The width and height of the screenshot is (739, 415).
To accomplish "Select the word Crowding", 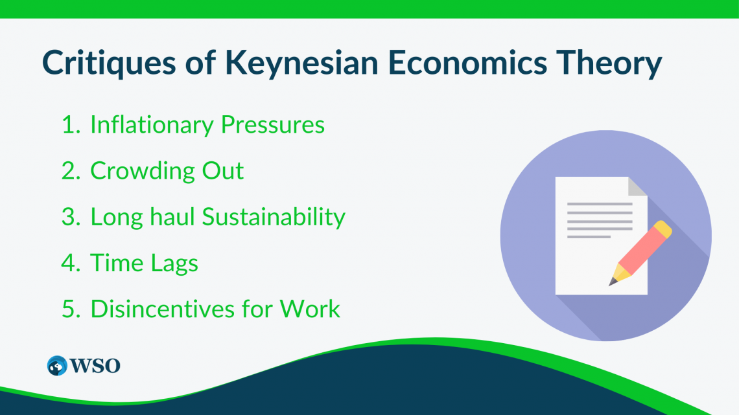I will point(143,171).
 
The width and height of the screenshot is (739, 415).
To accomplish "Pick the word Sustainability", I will point(273,217).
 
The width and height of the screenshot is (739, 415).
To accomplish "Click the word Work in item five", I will point(310,309).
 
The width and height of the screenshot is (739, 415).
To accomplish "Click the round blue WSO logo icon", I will point(58,365).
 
